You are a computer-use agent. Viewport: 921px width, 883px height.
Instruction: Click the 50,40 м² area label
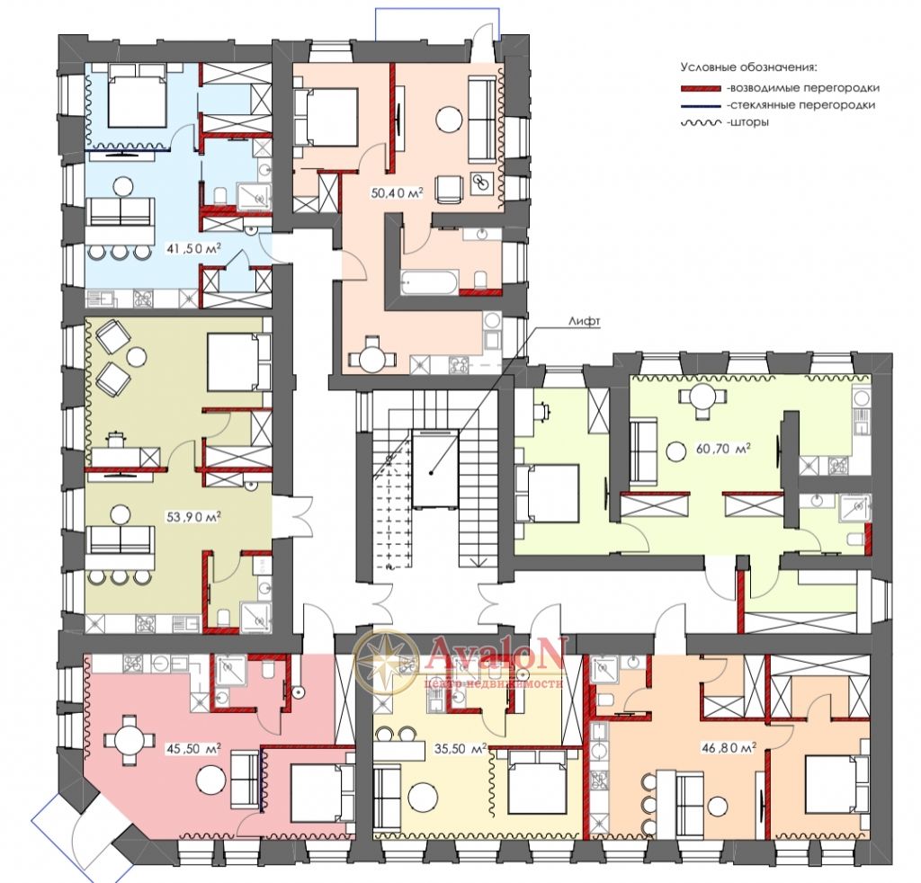pos(397,192)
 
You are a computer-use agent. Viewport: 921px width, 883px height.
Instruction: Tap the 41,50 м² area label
pos(194,249)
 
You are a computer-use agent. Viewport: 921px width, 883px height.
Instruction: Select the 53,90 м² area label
pos(194,517)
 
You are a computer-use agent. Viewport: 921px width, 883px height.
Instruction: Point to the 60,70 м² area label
pos(723,449)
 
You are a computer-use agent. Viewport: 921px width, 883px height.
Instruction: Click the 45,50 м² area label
pos(194,748)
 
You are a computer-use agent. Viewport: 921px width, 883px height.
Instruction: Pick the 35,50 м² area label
pos(460,748)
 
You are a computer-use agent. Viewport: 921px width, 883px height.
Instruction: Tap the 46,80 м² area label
pos(729,747)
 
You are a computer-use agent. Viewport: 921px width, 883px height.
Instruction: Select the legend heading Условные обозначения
pos(749,67)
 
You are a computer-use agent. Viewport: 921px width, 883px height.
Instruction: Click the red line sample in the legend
pos(701,88)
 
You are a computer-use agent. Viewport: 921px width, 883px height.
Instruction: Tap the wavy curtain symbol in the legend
pos(701,122)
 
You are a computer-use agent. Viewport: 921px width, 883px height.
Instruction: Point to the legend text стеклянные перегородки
pos(801,106)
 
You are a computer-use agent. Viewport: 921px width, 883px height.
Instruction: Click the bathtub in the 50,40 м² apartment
pos(429,282)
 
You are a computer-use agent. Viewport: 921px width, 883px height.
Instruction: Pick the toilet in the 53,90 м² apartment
pos(223,618)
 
